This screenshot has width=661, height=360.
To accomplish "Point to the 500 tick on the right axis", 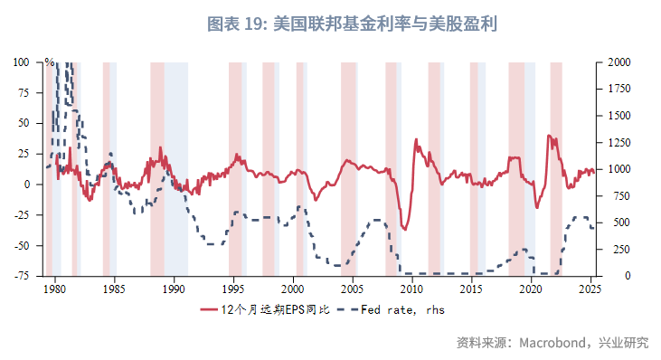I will [612, 223].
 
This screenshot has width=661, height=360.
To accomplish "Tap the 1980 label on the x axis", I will [54, 289].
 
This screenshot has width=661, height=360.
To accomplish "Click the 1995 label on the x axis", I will [232, 289].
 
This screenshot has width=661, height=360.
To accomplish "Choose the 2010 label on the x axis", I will [411, 289].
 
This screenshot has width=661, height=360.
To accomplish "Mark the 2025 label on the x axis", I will [590, 289].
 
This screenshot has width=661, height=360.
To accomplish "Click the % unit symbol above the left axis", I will [49, 62].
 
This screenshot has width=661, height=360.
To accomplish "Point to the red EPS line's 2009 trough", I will [404, 230].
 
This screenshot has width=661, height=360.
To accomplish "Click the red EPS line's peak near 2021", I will [549, 136].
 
